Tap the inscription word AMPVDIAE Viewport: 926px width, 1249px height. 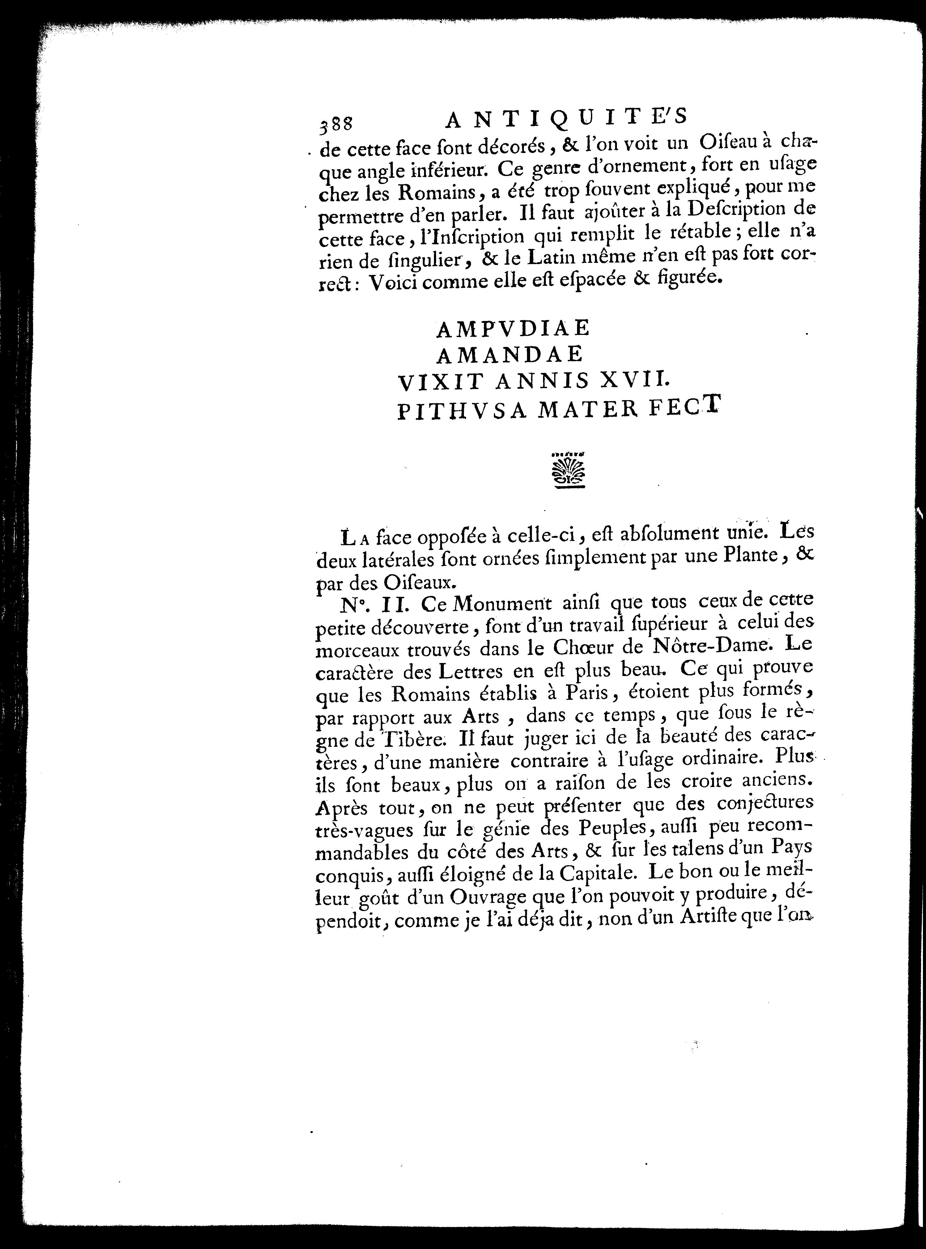click(513, 328)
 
